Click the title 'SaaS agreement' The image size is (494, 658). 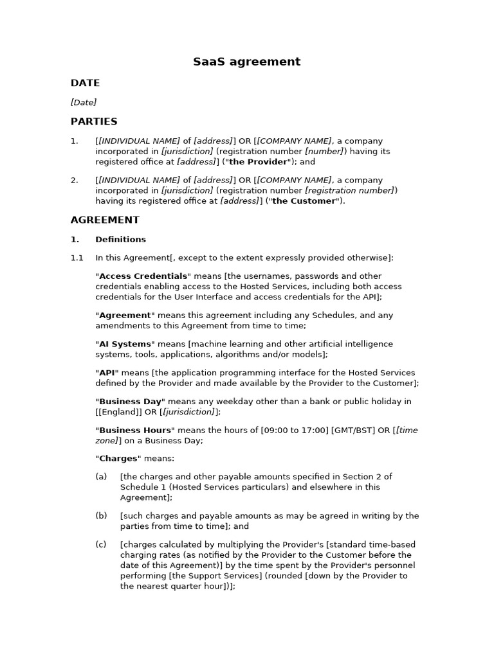click(246, 62)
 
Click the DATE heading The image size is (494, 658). click(85, 83)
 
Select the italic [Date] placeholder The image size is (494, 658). click(84, 102)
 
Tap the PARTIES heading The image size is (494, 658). click(94, 121)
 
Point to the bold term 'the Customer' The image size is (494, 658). click(304, 201)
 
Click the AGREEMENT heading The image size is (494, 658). click(105, 220)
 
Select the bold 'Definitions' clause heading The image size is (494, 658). click(120, 240)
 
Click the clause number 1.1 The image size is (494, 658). click(77, 258)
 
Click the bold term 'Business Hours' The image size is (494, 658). click(135, 431)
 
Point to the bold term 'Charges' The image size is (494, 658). click(118, 459)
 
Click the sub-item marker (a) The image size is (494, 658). click(101, 477)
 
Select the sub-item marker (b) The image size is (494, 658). click(101, 516)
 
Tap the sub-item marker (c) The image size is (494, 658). click(101, 545)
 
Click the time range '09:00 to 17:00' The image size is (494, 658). click(295, 431)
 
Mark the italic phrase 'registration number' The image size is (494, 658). click(349, 191)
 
